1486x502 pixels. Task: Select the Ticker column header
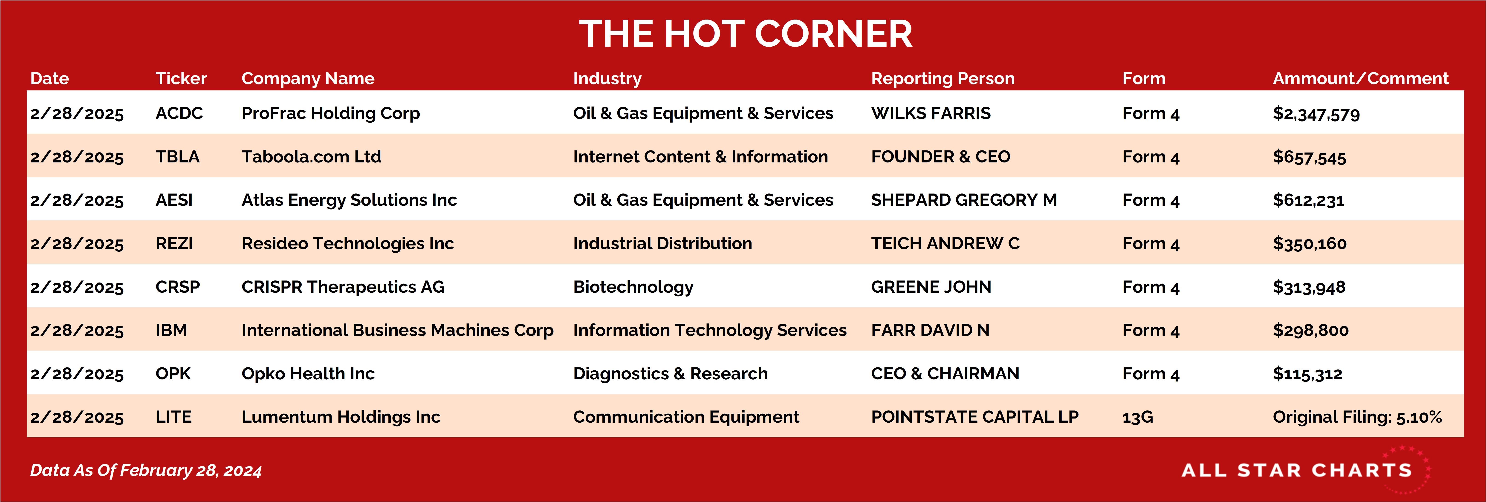coord(181,78)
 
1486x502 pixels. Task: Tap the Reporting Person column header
coord(942,78)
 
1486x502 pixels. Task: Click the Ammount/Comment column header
coord(1360,78)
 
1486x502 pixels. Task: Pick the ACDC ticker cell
coord(179,113)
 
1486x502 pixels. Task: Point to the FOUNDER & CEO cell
coord(940,156)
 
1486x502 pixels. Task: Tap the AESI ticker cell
coord(174,200)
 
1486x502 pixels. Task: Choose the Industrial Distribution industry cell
coord(662,243)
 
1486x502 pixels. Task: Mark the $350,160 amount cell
coord(1310,243)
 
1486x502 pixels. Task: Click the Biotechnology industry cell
coord(633,287)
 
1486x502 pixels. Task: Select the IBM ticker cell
coord(171,330)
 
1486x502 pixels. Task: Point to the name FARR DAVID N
coord(930,330)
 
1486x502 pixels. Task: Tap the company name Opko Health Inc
coord(308,373)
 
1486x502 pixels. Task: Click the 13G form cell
coord(1138,417)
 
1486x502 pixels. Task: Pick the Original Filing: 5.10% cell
coord(1357,417)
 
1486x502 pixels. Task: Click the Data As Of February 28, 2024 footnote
coord(146,470)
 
